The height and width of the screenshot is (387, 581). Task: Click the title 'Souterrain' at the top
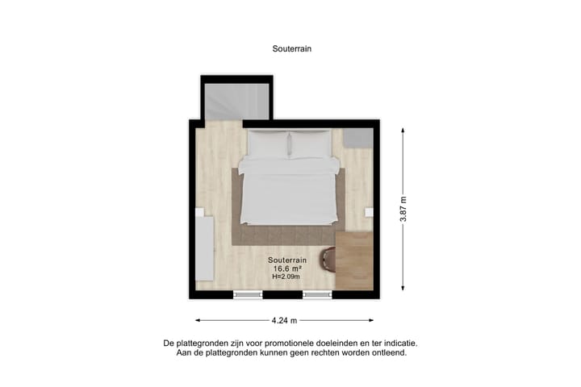click(291, 48)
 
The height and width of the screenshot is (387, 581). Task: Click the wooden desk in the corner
click(353, 260)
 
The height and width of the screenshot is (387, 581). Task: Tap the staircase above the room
click(236, 100)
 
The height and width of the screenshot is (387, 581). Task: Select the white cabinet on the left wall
click(204, 246)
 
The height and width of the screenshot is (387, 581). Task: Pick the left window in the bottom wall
click(248, 294)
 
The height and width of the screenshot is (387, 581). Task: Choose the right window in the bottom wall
click(317, 294)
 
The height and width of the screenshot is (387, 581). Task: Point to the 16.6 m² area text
click(286, 268)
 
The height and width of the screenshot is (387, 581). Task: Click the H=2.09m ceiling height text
click(286, 277)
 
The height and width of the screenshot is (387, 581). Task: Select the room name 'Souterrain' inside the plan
click(286, 260)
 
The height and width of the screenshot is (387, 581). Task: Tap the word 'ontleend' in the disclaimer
click(388, 352)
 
